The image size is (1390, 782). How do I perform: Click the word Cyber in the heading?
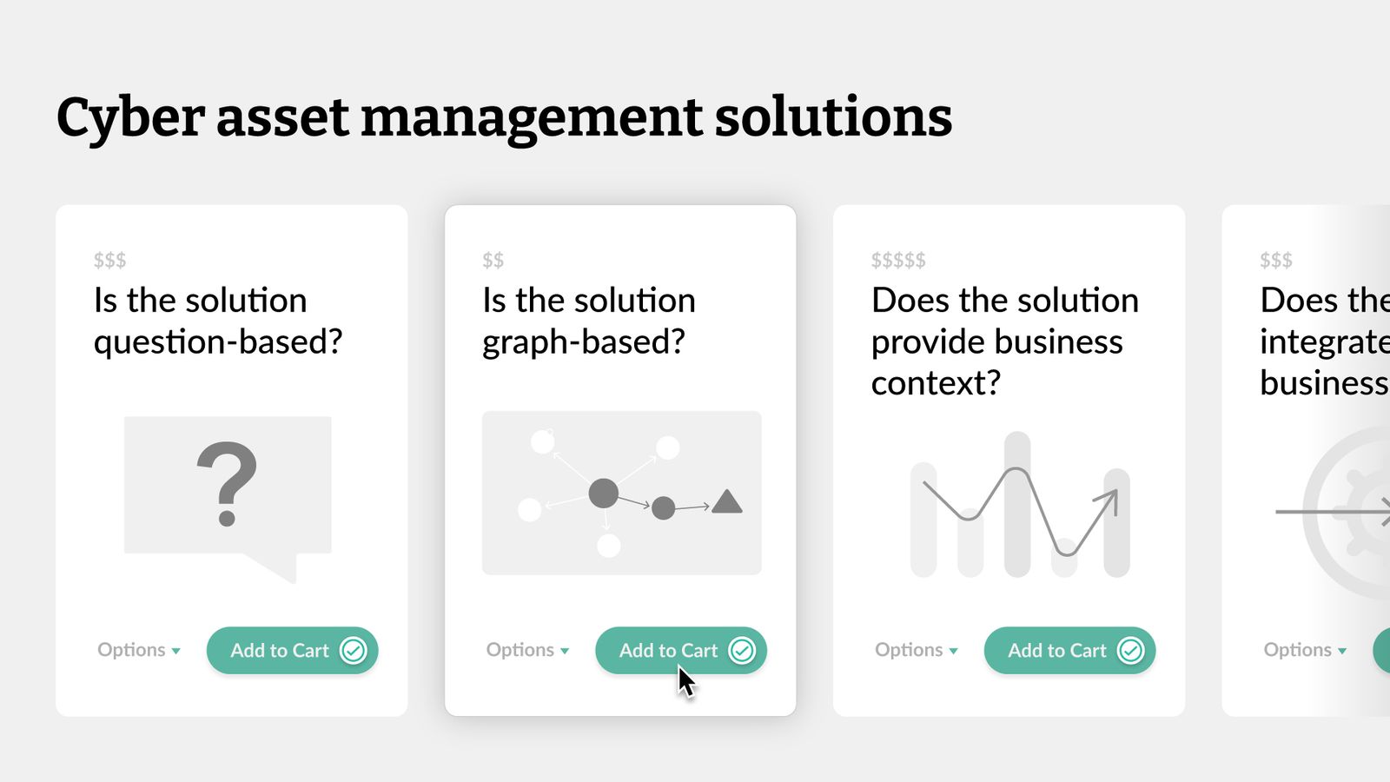[x=130, y=118]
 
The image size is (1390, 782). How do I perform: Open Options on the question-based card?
[x=138, y=650]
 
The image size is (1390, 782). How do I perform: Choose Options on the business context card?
[x=916, y=650]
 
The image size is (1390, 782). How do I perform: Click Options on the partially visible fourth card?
[x=1304, y=650]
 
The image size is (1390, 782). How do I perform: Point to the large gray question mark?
[x=227, y=483]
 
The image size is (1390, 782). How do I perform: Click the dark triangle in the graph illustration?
[x=726, y=503]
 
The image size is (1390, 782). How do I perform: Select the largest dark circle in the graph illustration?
[x=603, y=493]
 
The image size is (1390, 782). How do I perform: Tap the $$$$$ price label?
[x=898, y=260]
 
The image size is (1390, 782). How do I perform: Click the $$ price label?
[x=493, y=260]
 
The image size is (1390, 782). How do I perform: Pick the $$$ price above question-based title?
[x=109, y=260]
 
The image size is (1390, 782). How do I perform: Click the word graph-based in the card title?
[x=583, y=342]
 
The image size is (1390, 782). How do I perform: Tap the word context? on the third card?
[x=936, y=383]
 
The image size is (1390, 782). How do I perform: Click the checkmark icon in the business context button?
[x=1130, y=650]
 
